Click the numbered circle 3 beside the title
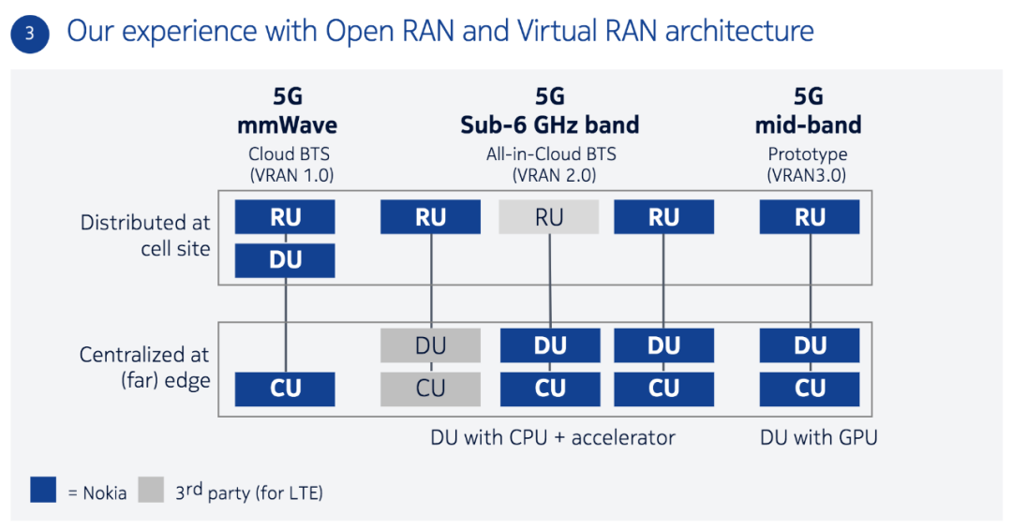coord(30,34)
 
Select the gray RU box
coord(548,217)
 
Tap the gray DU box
coord(430,345)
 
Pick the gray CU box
coord(430,389)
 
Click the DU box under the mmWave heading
coord(285,260)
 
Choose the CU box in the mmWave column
coord(285,389)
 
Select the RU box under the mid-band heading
coord(810,217)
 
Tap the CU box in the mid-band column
coord(810,389)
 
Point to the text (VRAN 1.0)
coord(291,174)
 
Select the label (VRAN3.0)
coord(808,174)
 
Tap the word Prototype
coord(808,154)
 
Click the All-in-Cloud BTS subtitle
coord(551,154)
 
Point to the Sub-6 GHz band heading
coord(550,125)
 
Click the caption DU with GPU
coord(817,437)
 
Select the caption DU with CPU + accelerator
coord(552,437)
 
